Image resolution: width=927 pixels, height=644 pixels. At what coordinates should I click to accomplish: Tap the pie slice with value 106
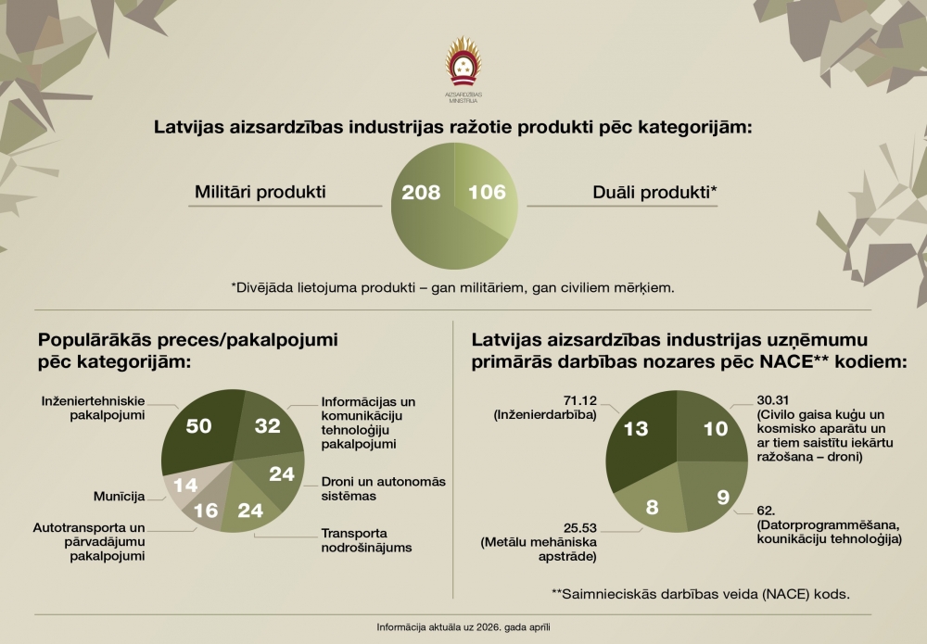click(486, 192)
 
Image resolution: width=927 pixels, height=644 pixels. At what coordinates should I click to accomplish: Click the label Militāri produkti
click(260, 192)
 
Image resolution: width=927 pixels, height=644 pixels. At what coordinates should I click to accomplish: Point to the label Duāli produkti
click(655, 192)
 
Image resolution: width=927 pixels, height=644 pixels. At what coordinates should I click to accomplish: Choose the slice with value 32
click(266, 426)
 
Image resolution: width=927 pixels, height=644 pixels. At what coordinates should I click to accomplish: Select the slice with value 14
click(184, 486)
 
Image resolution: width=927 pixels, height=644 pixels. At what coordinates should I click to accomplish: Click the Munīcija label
click(119, 497)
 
